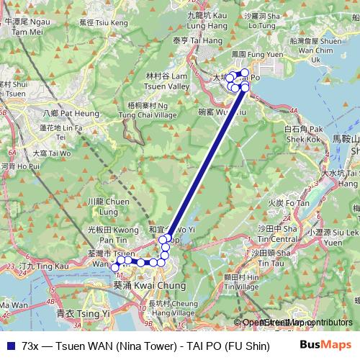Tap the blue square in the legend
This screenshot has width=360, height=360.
[10, 346]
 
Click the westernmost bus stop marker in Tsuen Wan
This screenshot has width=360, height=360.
[114, 267]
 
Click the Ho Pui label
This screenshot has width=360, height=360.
[19, 166]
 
